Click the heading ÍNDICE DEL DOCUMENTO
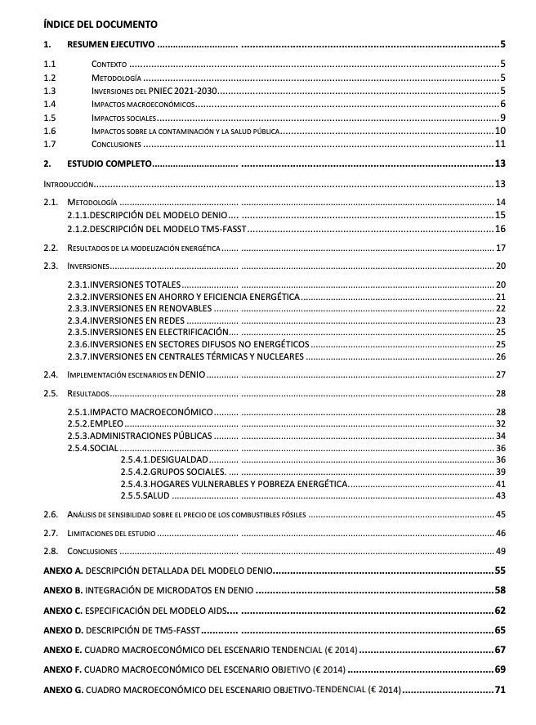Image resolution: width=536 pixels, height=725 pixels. [x=100, y=25]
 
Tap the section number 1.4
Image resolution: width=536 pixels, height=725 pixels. [x=50, y=104]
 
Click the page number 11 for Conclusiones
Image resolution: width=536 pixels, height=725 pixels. [x=500, y=144]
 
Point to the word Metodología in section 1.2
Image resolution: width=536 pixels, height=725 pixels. [x=111, y=78]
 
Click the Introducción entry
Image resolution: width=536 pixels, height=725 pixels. [x=69, y=183]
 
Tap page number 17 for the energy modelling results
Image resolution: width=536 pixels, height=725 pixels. [x=501, y=248]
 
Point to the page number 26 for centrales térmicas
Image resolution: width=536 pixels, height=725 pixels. [x=501, y=356]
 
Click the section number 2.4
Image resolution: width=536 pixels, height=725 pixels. [x=51, y=374]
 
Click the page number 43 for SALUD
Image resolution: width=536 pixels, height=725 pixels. [x=501, y=495]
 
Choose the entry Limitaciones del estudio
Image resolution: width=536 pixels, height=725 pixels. [x=110, y=533]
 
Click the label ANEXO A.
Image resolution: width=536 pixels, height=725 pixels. [x=63, y=569]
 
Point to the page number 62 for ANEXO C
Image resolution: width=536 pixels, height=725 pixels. [x=500, y=610]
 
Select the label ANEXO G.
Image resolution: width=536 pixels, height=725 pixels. [x=63, y=690]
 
